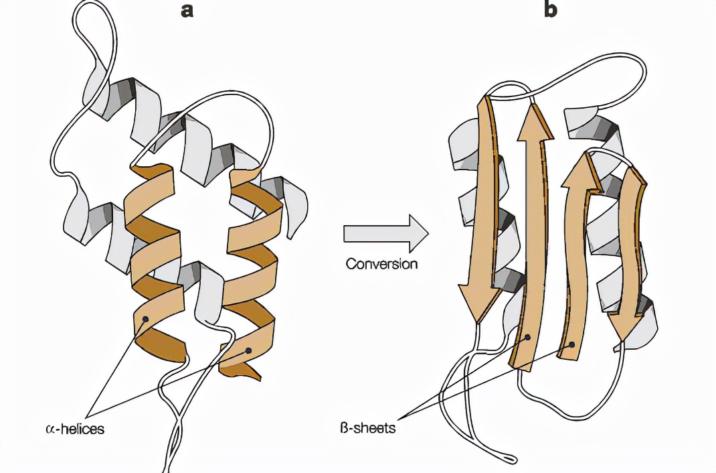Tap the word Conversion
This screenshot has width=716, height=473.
point(381,263)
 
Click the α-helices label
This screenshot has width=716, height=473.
point(76,428)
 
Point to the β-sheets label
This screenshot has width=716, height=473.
point(364,427)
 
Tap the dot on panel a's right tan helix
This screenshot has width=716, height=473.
point(249,350)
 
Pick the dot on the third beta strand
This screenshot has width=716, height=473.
point(571,345)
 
